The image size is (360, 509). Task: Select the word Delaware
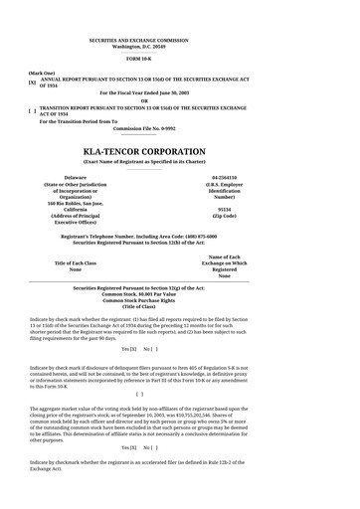coord(76,177)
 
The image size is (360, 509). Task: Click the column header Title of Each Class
coord(76,262)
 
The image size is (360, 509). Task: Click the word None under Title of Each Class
coord(76,269)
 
